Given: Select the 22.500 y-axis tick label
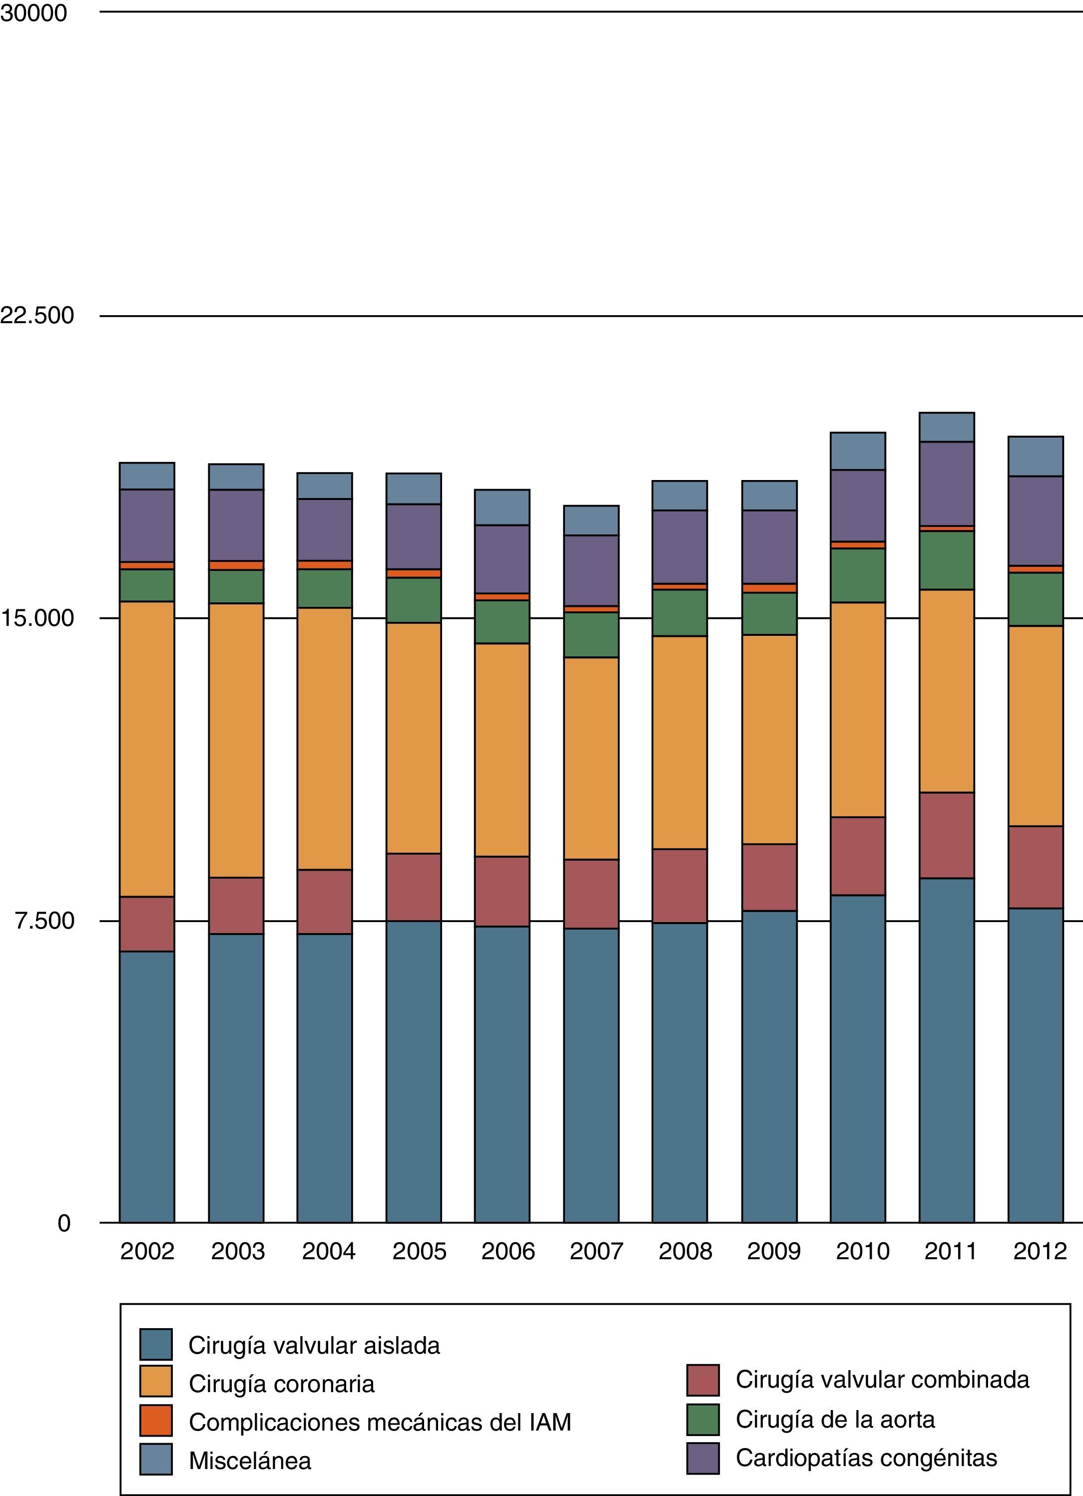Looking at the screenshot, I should click(37, 315).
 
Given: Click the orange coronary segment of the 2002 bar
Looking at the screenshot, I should click(146, 749).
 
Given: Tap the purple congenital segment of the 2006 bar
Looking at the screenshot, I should click(502, 559).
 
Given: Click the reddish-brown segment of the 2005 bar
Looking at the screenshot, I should click(414, 887).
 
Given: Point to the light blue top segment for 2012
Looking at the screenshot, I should click(1036, 456).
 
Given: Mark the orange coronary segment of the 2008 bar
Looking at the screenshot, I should click(679, 742).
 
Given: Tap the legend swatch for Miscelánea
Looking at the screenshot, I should click(156, 1459).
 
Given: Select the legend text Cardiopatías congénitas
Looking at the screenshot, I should click(866, 1457).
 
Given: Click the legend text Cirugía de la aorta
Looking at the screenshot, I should click(835, 1419).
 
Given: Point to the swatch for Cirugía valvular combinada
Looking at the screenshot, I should click(702, 1381).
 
